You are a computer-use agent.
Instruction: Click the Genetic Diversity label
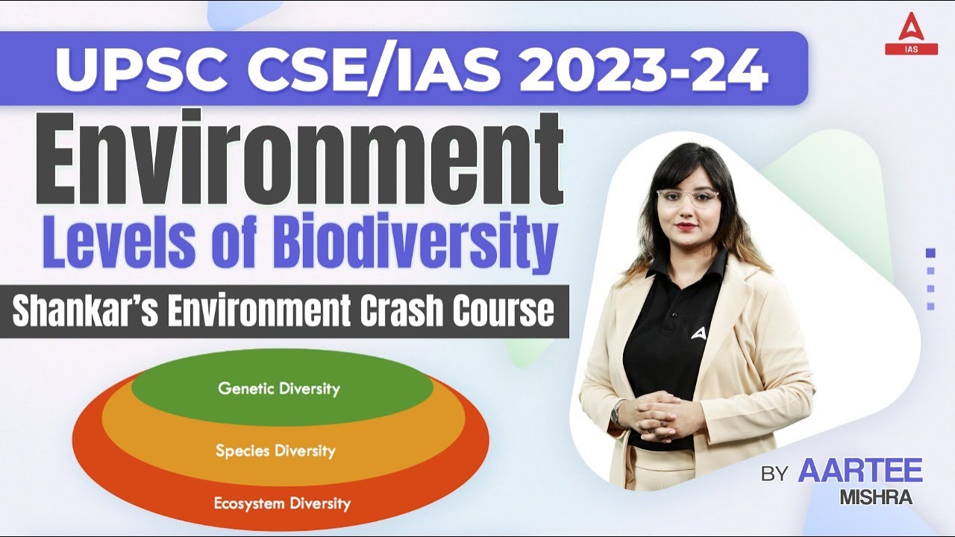point(278,389)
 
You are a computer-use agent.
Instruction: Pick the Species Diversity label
point(275,450)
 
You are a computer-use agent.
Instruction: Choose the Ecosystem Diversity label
point(282,503)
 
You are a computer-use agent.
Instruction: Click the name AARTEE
point(860,471)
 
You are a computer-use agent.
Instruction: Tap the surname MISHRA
point(876,498)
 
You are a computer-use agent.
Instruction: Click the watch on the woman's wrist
point(618,412)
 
